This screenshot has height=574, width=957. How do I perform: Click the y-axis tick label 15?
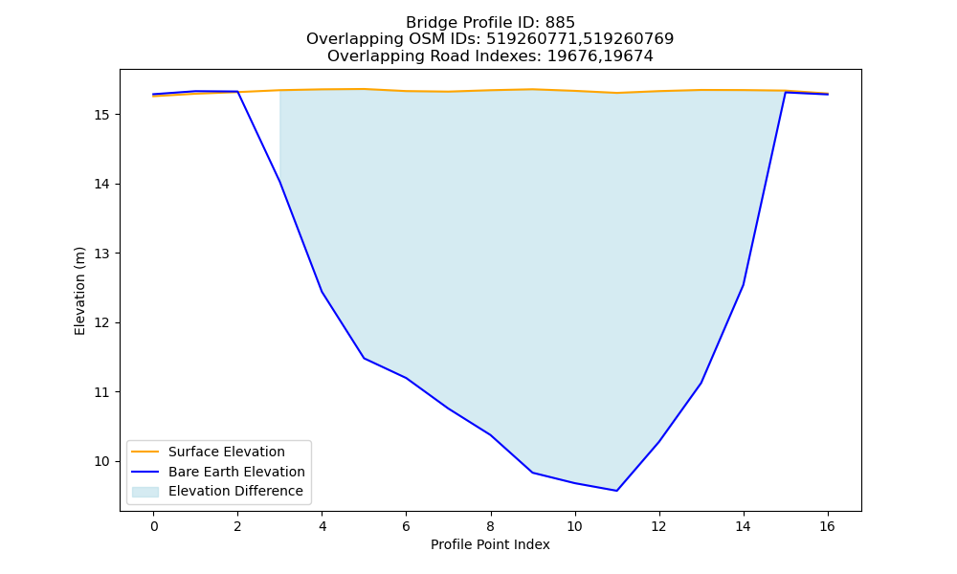tap(101, 116)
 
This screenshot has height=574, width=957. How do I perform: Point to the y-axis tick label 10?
tap(101, 462)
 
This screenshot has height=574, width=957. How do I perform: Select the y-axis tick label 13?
tap(101, 254)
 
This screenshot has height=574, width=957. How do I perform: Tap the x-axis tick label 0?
tap(154, 526)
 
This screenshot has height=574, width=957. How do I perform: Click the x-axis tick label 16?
tap(827, 526)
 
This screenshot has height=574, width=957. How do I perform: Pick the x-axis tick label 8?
tap(490, 526)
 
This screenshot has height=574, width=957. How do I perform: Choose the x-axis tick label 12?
tap(658, 526)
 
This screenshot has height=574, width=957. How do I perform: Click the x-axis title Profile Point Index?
tap(490, 544)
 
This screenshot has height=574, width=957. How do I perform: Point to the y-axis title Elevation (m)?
tap(79, 291)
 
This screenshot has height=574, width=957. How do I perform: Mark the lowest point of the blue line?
tap(617, 491)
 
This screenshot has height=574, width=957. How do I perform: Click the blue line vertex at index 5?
tap(365, 358)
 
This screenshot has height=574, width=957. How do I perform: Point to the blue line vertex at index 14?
tap(743, 285)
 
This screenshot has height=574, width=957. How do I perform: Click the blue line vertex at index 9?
tap(533, 473)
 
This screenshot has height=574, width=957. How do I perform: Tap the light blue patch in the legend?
tap(145, 492)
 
